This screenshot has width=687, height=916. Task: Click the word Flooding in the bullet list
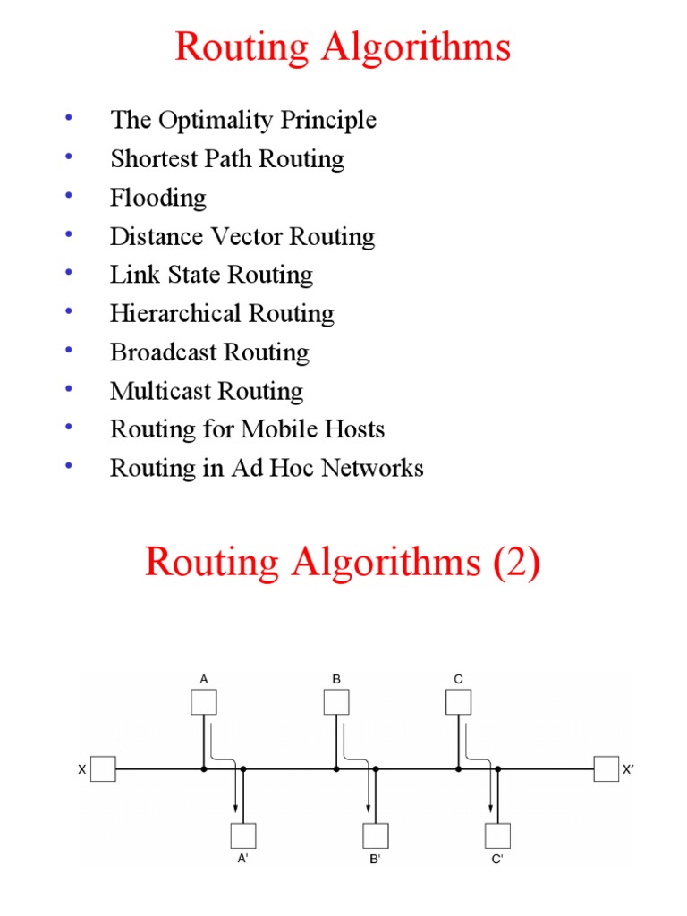pos(157,198)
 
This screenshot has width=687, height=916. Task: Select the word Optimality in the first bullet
pos(222,120)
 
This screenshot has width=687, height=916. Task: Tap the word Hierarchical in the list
pos(165,314)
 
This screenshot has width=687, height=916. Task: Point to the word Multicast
pos(157,391)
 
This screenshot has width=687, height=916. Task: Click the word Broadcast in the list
pos(162,352)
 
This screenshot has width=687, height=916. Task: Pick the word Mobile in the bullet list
pos(277,429)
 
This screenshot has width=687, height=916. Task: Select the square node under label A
pos(204,702)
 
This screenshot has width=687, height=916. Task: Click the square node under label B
pos(336,702)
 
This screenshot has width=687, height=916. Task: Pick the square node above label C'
pos(497,835)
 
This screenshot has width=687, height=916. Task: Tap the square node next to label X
pos(104,769)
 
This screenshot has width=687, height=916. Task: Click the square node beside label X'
pos(606,769)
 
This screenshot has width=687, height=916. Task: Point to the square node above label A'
pos(243,835)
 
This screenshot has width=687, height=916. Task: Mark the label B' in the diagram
pos(374,862)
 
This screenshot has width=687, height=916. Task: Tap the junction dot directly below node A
pos(204,769)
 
